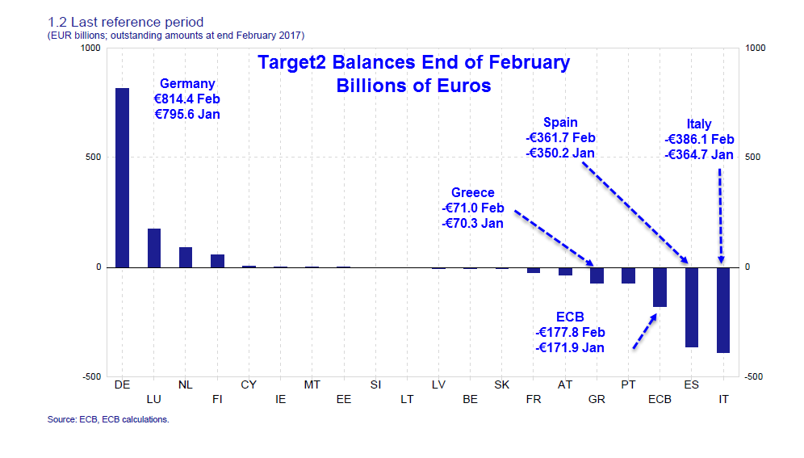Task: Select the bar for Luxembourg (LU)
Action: click(x=154, y=248)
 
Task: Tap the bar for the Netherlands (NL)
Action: click(x=186, y=257)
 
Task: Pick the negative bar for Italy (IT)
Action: click(x=722, y=309)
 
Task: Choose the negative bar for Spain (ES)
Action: click(x=692, y=307)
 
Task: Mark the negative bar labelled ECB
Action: click(x=660, y=287)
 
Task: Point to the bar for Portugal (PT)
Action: click(x=628, y=275)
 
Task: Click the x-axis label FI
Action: click(x=217, y=399)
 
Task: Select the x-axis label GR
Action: click(x=597, y=399)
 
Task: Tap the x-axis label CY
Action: click(x=249, y=384)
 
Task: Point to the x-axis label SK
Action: click(x=501, y=384)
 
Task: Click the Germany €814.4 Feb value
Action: click(x=187, y=99)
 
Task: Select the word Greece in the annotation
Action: click(x=472, y=192)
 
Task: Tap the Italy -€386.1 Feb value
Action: click(x=699, y=140)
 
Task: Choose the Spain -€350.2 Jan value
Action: click(x=560, y=153)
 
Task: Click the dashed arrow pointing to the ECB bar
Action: click(x=643, y=332)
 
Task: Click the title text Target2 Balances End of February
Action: click(x=413, y=62)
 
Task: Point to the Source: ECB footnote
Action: click(x=108, y=420)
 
